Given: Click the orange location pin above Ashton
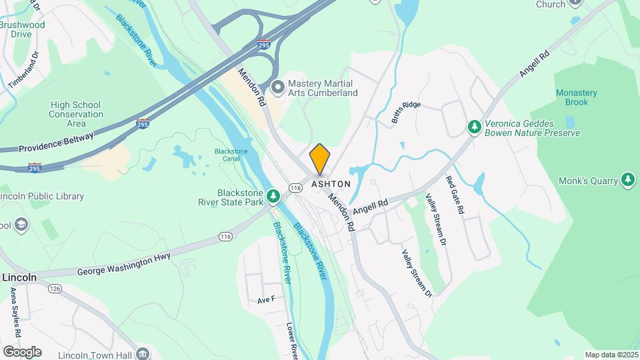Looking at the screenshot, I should point(320,159).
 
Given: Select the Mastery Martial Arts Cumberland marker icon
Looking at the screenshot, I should point(279,87).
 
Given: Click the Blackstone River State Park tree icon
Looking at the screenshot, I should point(273,196).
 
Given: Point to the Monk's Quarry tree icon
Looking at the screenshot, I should point(627,179).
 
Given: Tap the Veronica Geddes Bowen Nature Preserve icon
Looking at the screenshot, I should point(474,126).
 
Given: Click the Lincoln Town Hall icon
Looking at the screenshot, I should point(141,353).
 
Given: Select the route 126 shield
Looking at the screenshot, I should point(55,289).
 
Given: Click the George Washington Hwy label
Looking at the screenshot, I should point(123,263).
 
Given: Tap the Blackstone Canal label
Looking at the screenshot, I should point(231,155).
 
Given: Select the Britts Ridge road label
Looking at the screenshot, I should point(406,113).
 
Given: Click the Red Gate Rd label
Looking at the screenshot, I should point(455,195).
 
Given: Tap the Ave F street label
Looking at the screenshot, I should point(266,301).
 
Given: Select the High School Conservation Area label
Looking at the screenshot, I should point(76,114).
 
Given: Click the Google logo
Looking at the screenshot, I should point(22,351).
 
